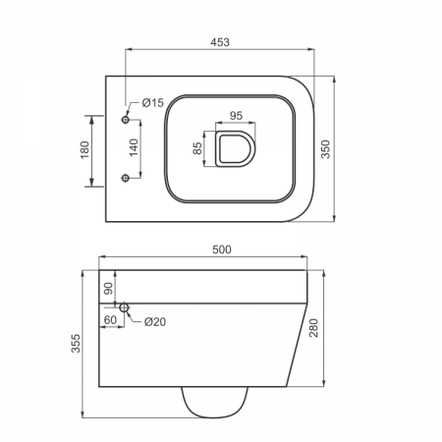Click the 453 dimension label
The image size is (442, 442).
click(x=220, y=42)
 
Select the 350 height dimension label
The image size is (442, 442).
click(x=325, y=149)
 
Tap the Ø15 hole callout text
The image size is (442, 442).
click(x=152, y=103)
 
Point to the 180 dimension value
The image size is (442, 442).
click(x=84, y=149)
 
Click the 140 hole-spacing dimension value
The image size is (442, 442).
click(x=134, y=147)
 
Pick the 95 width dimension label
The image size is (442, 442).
click(x=236, y=116)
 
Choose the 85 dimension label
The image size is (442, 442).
click(x=197, y=148)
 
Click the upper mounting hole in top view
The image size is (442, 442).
click(x=126, y=120)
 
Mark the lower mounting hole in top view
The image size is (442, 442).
click(x=126, y=178)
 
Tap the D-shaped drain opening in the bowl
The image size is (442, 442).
click(x=235, y=148)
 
